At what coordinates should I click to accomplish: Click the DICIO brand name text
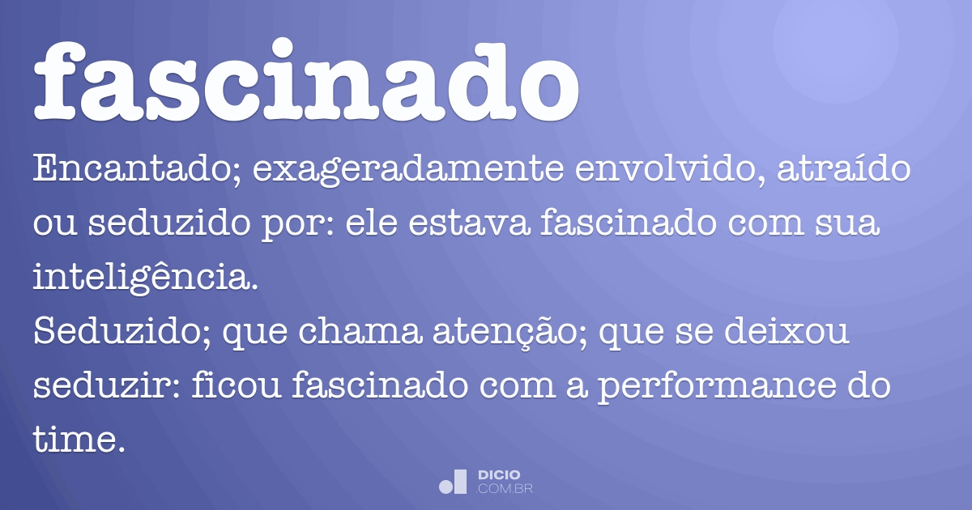(x=499, y=474)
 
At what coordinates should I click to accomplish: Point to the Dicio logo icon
(x=453, y=482)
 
